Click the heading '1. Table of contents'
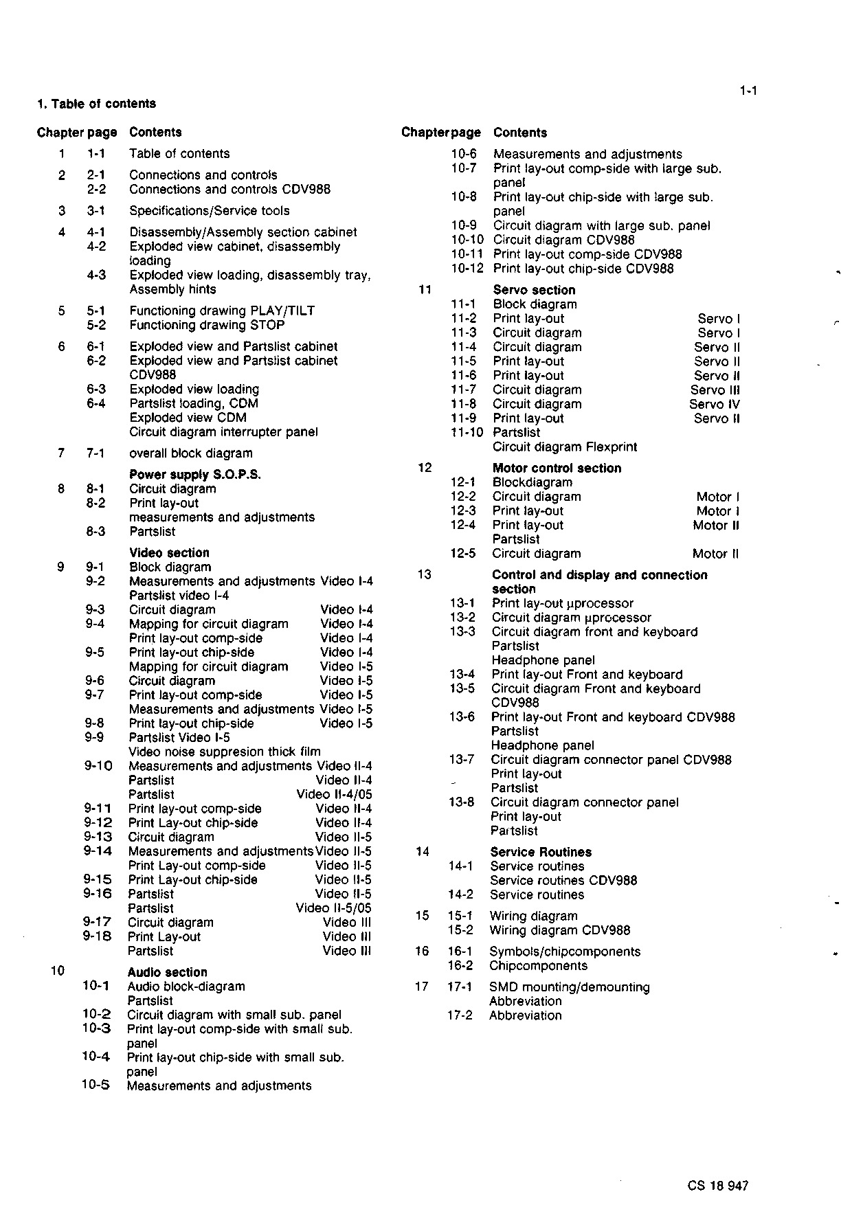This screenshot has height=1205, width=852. coord(96,104)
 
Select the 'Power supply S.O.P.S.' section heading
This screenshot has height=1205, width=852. coord(195,474)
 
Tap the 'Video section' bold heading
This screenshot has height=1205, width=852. coord(169,552)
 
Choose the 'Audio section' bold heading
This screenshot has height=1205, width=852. coord(167,972)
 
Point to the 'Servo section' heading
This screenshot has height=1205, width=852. coord(534,290)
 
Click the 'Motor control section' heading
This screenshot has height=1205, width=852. coord(557,468)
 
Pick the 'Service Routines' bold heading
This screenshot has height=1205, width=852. coord(541,852)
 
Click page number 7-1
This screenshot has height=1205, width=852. coord(96,453)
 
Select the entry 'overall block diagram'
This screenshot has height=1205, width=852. coord(191,453)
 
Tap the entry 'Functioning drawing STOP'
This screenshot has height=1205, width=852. coord(207,325)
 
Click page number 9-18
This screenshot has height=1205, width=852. coord(98,936)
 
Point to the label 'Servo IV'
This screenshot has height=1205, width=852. coord(715,404)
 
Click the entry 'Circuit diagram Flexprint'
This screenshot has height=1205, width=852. coord(565,447)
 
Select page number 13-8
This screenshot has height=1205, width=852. coord(462,802)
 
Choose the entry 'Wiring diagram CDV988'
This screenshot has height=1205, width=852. coord(559,930)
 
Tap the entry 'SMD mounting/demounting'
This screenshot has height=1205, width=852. coord(569,987)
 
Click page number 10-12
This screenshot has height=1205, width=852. coord(467,269)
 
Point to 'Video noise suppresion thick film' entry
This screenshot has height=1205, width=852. coord(225,752)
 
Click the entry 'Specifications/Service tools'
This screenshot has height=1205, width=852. coord(210,210)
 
